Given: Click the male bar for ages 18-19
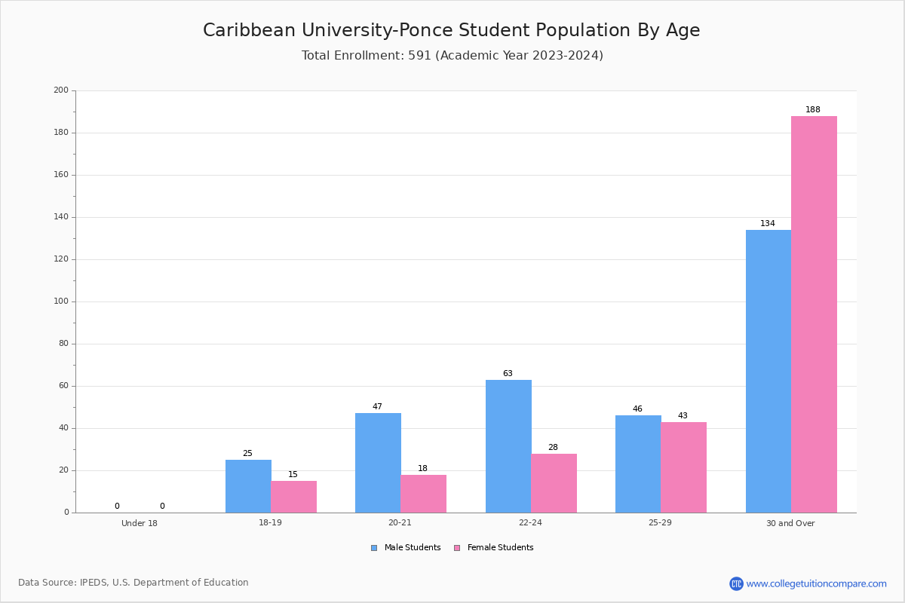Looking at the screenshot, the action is [x=248, y=486].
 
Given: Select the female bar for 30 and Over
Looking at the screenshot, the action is [x=814, y=314].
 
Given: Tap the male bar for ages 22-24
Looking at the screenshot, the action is [x=508, y=446].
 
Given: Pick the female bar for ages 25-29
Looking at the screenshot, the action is [x=683, y=467].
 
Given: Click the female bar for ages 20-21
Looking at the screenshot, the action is [x=423, y=494].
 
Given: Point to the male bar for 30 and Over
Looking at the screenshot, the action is [x=768, y=372].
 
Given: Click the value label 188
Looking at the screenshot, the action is [x=813, y=109].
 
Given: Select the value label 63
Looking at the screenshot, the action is [x=508, y=373].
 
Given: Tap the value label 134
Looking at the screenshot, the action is [x=768, y=223].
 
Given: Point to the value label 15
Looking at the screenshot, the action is [x=293, y=474].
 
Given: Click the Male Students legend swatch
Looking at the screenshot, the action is [x=374, y=548].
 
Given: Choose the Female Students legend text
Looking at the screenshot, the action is [x=500, y=547].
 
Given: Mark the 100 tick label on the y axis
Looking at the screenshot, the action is [x=61, y=301].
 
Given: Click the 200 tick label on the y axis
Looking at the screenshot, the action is [x=61, y=90].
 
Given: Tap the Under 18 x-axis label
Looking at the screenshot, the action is [x=140, y=523].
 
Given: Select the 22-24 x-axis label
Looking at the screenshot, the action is [x=530, y=522].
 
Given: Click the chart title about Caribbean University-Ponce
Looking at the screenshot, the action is [x=451, y=30].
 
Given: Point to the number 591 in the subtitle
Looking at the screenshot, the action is [x=420, y=55].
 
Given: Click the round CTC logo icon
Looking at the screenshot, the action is [x=736, y=583].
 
